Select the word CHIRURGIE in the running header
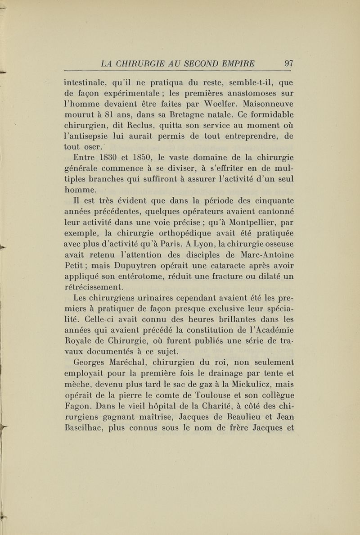coord(140,63)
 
